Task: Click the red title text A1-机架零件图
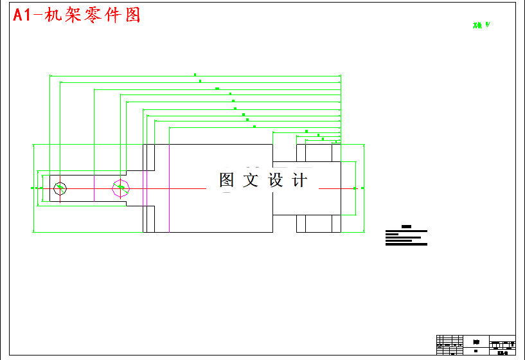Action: [77, 15]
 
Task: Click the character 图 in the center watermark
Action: [227, 181]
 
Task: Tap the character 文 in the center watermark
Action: [251, 181]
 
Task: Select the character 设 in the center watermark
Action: [276, 181]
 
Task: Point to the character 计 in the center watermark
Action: [299, 181]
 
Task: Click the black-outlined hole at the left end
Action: [60, 188]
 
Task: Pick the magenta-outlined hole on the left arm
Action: [120, 188]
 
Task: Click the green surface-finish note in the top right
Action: [481, 25]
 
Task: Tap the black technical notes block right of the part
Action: [405, 237]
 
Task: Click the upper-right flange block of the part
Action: [318, 152]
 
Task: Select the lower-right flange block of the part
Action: [318, 224]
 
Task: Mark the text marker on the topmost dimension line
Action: [195, 75]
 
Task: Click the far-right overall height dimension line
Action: [364, 188]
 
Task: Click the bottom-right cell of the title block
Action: [502, 352]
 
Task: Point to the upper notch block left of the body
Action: [148, 157]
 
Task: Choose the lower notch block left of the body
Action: [148, 219]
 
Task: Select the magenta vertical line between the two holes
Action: [94, 188]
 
